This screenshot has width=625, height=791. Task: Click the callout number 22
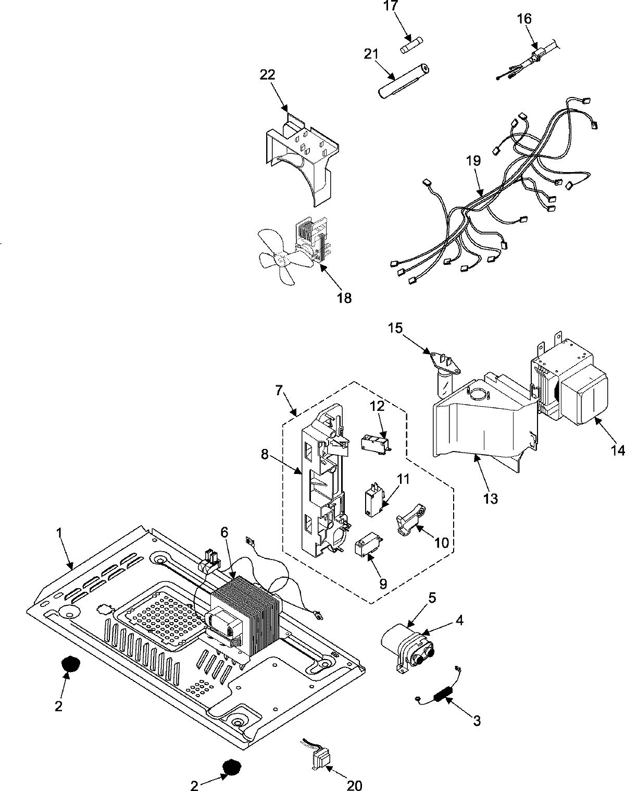[268, 75]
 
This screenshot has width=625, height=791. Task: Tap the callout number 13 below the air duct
[491, 498]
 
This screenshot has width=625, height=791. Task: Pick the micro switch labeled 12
[375, 444]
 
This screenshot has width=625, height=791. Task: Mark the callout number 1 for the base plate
[59, 532]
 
